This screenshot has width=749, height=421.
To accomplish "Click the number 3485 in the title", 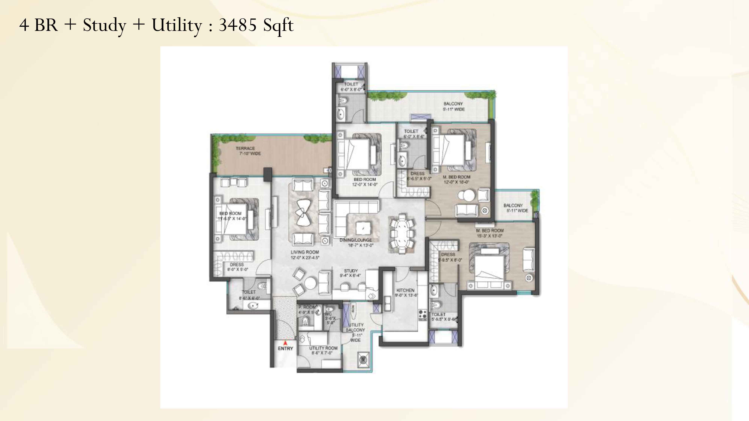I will coord(237,25).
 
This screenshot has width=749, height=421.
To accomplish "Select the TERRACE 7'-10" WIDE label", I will coord(248,151).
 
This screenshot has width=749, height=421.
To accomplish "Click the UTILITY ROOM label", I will coord(323,350).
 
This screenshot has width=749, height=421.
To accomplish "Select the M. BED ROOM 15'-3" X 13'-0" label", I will coord(490,233).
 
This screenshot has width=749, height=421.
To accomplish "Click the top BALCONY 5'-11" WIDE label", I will coord(453,106).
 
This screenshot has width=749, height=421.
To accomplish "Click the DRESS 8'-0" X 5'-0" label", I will coord(237,267).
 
